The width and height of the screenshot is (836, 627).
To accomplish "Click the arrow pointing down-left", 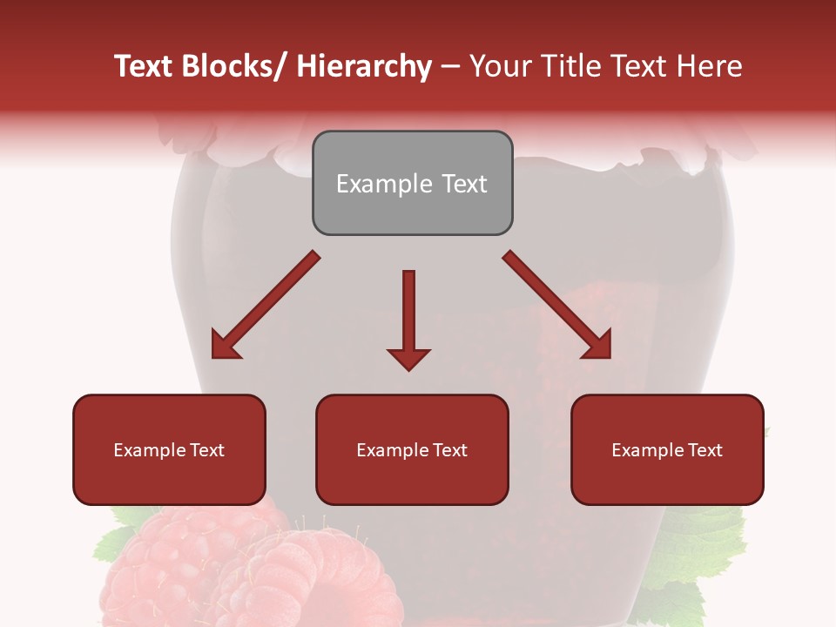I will [266, 305].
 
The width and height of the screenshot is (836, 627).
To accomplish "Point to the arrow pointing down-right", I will [557, 305].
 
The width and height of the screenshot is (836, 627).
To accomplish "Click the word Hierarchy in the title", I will [363, 66].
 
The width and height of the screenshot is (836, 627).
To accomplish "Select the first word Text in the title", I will [145, 66].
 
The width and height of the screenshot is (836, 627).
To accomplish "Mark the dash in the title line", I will [450, 66].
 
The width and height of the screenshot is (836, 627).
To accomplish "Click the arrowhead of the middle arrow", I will [408, 358].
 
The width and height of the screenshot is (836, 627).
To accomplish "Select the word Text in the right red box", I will [705, 450].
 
